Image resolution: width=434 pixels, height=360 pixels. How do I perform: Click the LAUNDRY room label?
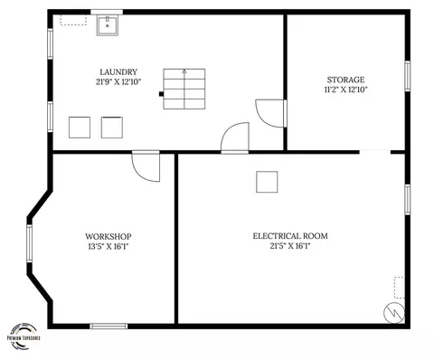tap(118, 72)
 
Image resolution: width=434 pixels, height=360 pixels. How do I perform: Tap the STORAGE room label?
tap(345, 80)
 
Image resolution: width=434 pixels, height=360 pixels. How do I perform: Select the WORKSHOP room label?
tap(108, 237)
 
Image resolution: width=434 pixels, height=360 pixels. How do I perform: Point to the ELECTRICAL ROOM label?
tap(290, 236)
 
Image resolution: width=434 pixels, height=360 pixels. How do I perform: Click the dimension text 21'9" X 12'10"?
tap(118, 82)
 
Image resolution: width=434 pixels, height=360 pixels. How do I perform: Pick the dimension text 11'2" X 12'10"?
tap(345, 90)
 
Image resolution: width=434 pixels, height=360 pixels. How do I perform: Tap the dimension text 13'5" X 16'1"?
tap(108, 247)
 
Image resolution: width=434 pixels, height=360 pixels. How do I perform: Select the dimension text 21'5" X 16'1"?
tap(290, 246)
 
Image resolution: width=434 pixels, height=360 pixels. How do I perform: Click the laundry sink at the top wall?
tap(108, 25)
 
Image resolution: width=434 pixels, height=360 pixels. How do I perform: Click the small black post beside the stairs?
tap(161, 94)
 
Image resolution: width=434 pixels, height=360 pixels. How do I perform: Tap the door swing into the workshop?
tap(146, 167)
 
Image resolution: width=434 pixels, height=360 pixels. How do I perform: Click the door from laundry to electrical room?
tap(235, 137)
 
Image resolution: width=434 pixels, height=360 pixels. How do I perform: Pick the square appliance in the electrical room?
tap(267, 182)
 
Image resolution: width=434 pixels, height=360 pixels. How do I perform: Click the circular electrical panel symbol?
tap(394, 313)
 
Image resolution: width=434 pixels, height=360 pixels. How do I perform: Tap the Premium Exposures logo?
tap(24, 336)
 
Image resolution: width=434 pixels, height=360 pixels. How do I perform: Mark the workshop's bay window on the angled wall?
tap(29, 242)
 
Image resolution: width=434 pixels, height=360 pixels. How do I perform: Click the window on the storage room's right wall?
tap(408, 76)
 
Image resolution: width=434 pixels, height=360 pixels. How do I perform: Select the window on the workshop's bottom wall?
tap(108, 326)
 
